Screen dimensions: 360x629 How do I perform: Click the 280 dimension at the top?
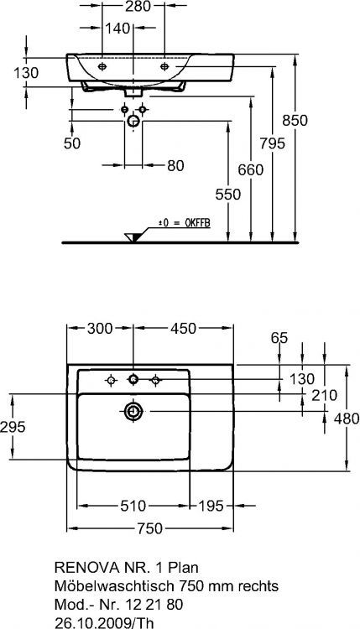click(133, 6)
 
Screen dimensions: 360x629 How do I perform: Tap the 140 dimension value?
click(117, 28)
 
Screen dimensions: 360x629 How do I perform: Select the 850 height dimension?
click(295, 120)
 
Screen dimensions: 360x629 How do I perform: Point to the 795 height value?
click(272, 143)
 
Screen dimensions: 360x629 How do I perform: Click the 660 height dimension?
click(251, 169)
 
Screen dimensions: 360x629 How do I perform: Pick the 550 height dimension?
click(228, 195)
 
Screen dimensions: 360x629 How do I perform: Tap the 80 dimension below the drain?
click(175, 165)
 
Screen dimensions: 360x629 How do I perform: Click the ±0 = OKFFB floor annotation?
click(185, 223)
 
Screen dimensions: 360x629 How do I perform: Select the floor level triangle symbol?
click(132, 237)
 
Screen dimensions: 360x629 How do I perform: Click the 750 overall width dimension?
click(150, 528)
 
